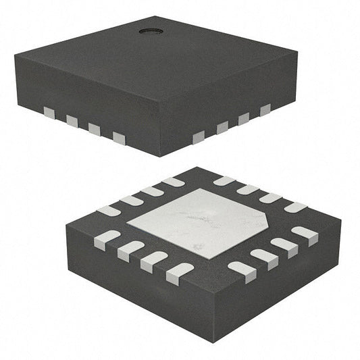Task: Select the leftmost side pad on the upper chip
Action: coord(49,111)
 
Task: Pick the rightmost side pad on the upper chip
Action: coord(265,109)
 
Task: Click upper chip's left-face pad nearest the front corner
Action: coord(119,138)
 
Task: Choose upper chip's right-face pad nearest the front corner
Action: coord(199,138)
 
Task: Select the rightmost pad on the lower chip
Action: coord(305,235)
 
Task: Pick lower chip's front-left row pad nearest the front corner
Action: coord(179,272)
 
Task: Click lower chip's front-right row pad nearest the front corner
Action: coord(242,271)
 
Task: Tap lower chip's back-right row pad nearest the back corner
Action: coord(224,181)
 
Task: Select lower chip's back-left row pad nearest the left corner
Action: coord(109,211)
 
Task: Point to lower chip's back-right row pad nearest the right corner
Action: coord(295,207)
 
